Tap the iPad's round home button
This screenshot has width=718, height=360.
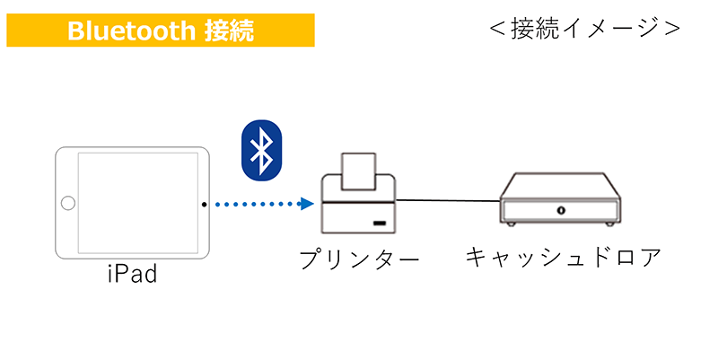pyautogui.click(x=68, y=204)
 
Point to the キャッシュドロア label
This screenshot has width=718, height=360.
pyautogui.click(x=563, y=258)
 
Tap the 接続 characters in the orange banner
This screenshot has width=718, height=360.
pyautogui.click(x=227, y=31)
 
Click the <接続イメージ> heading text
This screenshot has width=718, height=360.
pyautogui.click(x=585, y=29)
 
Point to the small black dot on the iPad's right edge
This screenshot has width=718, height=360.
pyautogui.click(x=205, y=205)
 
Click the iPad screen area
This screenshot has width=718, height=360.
pyautogui.click(x=136, y=204)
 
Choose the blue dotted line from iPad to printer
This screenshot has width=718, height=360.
pyautogui.click(x=256, y=205)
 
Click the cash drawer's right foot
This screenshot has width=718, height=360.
pyautogui.click(x=611, y=223)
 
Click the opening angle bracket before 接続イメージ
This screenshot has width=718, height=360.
pyautogui.click(x=496, y=29)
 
